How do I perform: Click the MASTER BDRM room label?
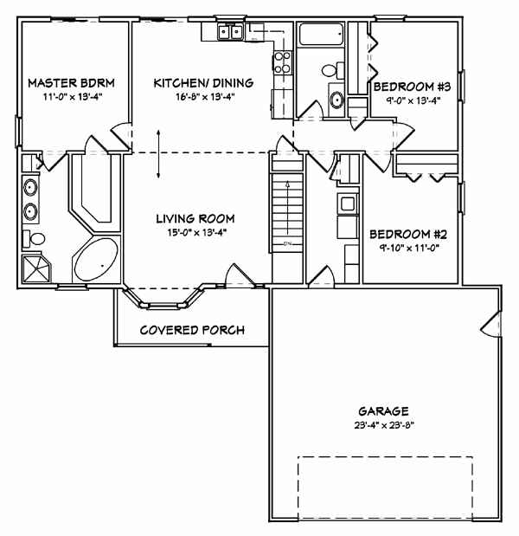point(72,83)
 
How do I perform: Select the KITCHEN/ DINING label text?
point(203,83)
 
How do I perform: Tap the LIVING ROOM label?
point(195,218)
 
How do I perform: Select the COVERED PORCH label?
point(192,330)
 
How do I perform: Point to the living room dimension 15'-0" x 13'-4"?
point(195,232)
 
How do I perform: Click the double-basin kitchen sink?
point(230,33)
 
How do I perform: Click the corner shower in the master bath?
point(37,268)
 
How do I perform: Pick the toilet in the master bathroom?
point(37,239)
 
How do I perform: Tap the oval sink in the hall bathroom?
point(336,95)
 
